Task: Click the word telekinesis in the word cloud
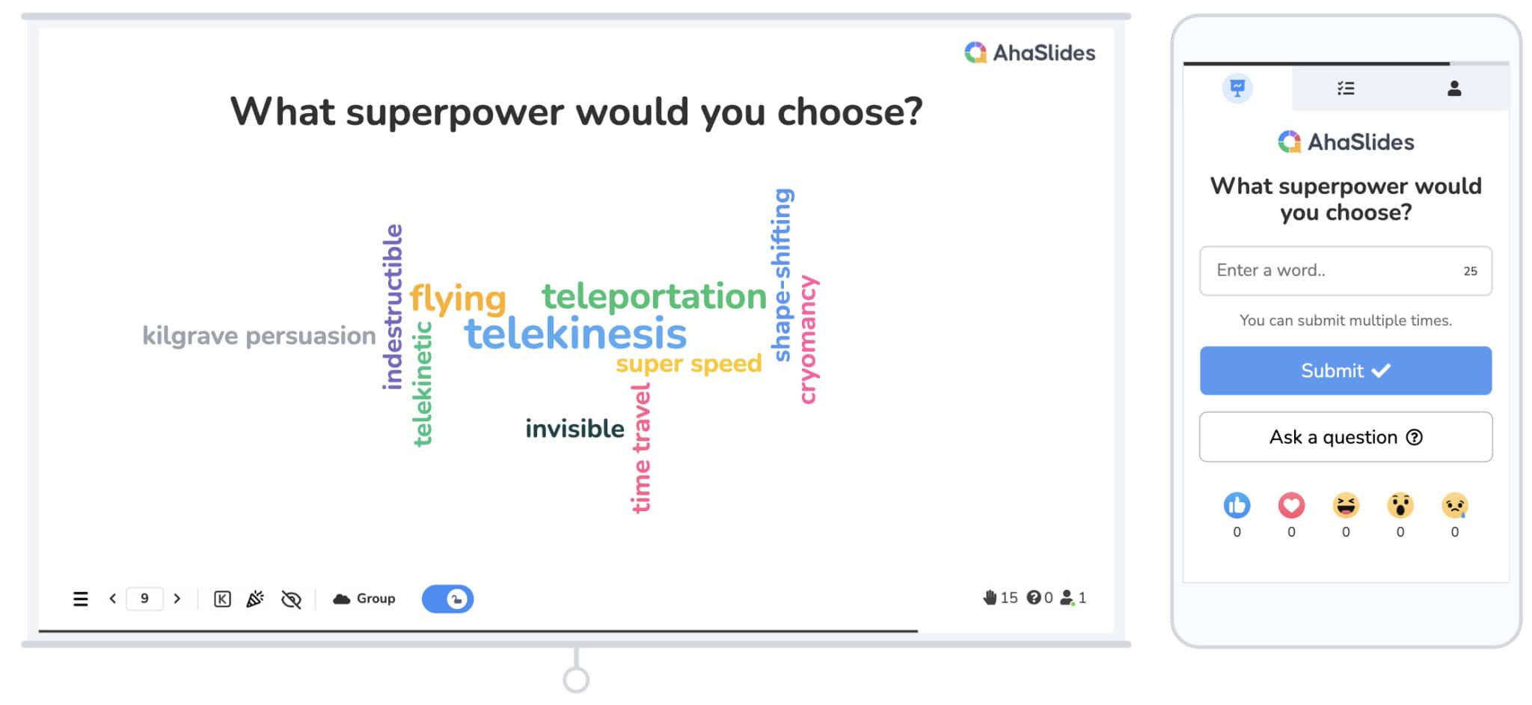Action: (x=575, y=334)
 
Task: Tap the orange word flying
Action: (x=458, y=299)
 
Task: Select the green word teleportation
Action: (x=655, y=296)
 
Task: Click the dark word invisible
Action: (x=574, y=428)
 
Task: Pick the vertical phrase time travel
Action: (x=641, y=448)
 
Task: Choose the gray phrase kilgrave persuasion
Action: (x=259, y=336)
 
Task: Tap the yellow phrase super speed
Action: (x=688, y=364)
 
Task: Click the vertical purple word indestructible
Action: (x=393, y=307)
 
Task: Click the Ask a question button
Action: (x=1346, y=437)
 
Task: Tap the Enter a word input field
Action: (x=1346, y=271)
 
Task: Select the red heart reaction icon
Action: (x=1291, y=505)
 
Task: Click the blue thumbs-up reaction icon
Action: (x=1237, y=505)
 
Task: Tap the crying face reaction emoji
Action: (x=1455, y=505)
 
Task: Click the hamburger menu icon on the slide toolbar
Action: (x=81, y=599)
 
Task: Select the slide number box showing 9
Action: (x=144, y=599)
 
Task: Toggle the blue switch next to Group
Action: (x=447, y=599)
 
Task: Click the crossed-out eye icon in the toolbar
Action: (x=291, y=599)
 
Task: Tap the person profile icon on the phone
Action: (x=1454, y=88)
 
